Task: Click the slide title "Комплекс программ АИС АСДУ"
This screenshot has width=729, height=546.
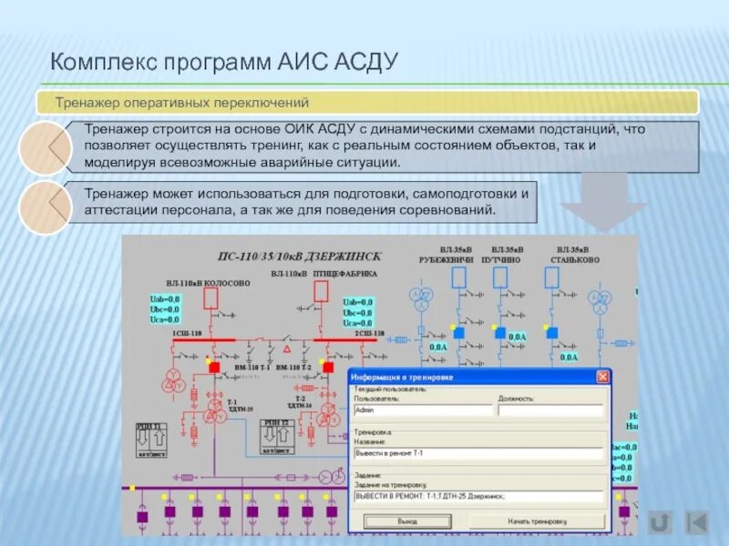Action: click(224, 63)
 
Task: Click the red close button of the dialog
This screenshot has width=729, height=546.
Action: click(602, 377)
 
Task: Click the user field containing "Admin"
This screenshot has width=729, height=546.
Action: click(423, 410)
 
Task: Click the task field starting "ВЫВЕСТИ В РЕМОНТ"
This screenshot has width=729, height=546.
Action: click(478, 497)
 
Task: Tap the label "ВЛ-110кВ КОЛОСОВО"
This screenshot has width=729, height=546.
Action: click(208, 283)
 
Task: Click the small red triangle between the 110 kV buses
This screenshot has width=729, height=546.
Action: click(287, 349)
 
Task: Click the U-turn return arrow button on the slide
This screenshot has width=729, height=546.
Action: click(660, 521)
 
